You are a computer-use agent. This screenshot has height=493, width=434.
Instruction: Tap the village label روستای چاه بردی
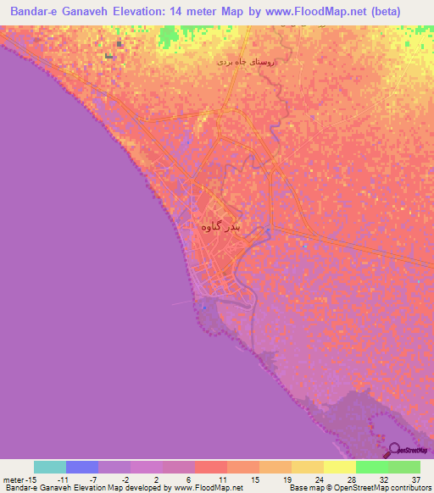[248, 62]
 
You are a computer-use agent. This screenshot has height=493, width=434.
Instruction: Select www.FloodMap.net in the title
[314, 12]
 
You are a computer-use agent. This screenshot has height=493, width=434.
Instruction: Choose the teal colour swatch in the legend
[50, 467]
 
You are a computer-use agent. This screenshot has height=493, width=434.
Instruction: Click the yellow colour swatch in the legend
[340, 467]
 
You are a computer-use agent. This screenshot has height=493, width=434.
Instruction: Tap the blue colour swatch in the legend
[82, 467]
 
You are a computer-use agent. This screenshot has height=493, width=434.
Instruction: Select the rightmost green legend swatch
[404, 467]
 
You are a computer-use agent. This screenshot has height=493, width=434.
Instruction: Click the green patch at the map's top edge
[178, 32]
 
